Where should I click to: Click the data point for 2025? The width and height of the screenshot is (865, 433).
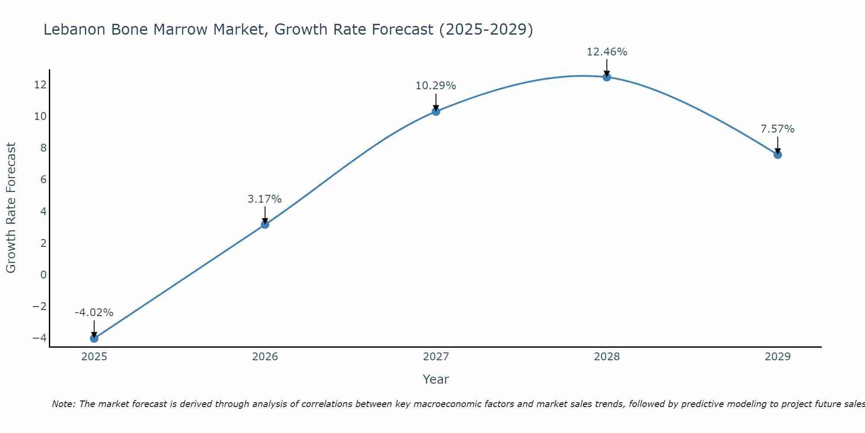click(x=94, y=338)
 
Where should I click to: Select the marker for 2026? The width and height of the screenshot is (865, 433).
click(x=265, y=224)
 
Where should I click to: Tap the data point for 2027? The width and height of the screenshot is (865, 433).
click(x=436, y=111)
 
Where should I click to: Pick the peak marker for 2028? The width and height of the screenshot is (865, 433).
click(x=606, y=77)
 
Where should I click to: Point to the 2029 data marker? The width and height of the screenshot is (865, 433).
click(x=777, y=155)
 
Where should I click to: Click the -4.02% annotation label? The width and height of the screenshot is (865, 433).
click(x=94, y=312)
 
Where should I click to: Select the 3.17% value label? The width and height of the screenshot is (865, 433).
click(x=265, y=199)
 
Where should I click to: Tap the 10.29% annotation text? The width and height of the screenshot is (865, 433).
click(x=436, y=86)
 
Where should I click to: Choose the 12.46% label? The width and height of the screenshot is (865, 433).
click(x=606, y=52)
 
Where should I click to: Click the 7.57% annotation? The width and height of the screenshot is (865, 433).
click(x=777, y=129)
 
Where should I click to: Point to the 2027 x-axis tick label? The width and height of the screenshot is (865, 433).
click(x=436, y=357)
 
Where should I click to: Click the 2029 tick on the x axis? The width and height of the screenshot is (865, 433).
click(x=777, y=357)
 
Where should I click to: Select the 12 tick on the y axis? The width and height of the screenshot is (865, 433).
click(x=40, y=84)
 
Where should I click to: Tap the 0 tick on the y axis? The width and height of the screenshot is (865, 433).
click(x=43, y=275)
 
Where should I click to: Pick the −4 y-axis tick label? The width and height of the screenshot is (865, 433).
click(x=39, y=338)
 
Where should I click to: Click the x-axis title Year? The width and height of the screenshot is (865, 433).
click(x=436, y=379)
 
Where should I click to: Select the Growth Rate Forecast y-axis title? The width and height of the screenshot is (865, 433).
click(x=11, y=207)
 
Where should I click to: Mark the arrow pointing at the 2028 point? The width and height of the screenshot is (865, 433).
click(x=606, y=68)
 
